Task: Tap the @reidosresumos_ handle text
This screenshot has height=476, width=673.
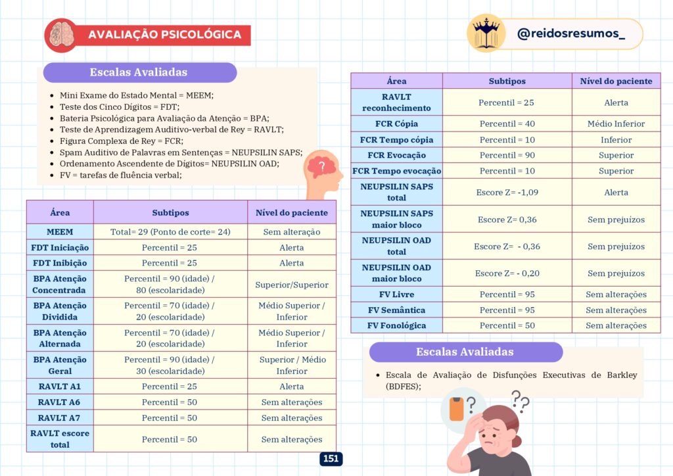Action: [570, 34]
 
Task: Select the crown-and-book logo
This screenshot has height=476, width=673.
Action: [486, 33]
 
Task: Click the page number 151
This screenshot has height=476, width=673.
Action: [331, 459]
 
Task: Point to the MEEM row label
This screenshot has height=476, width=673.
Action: [60, 232]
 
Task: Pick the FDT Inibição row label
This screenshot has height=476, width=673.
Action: [60, 263]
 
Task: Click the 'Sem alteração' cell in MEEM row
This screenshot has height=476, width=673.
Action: [292, 232]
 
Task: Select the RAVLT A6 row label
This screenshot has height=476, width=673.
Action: [60, 402]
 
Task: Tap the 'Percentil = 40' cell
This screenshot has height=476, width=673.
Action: [507, 124]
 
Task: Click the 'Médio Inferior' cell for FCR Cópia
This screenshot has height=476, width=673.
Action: [616, 124]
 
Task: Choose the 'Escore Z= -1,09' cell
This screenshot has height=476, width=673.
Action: [507, 193]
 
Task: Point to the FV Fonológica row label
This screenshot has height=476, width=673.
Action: [396, 326]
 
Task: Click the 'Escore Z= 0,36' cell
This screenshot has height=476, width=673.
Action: [507, 220]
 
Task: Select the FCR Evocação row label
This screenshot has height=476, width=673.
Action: [396, 156]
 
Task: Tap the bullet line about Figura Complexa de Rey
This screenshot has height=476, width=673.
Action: [121, 141]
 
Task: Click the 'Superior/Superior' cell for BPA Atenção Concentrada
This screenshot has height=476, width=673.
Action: [292, 285]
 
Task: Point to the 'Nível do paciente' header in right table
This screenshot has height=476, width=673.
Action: [616, 82]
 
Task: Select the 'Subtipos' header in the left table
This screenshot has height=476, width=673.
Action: [170, 213]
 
